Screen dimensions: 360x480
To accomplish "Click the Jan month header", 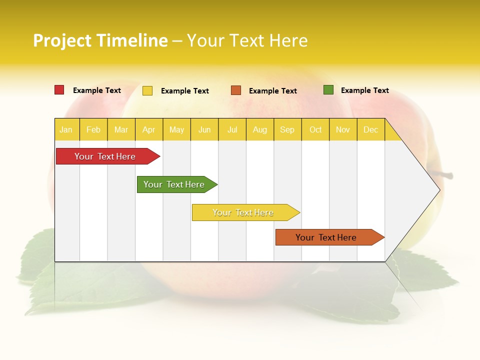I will point(66,129).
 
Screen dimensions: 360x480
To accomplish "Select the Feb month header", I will point(93,129).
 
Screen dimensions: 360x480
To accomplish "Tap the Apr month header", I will point(148,129).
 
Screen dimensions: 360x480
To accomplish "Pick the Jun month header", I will point(204,129).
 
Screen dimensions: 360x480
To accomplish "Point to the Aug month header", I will point(259,129).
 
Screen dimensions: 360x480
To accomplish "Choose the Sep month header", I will point(287,129).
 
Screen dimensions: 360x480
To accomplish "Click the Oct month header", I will point(315,129).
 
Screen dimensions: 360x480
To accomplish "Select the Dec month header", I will point(370,129).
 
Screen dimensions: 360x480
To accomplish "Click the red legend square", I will point(59,90).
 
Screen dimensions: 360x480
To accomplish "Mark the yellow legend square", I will point(147,90).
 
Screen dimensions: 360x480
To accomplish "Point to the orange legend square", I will point(236,90).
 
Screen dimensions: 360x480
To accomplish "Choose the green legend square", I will point(328,90).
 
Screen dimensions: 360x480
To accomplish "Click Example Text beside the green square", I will point(364,90).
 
